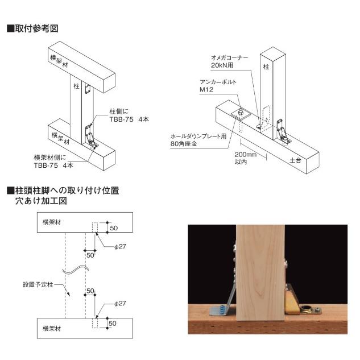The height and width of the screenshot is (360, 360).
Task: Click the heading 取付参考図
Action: [x=35, y=28]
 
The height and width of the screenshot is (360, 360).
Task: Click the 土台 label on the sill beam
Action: [x=295, y=161]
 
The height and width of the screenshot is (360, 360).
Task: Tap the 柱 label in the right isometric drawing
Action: [x=266, y=67]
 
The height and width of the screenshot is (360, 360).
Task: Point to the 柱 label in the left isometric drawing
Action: [x=76, y=86]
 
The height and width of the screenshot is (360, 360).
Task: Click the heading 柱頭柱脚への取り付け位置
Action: [x=65, y=191]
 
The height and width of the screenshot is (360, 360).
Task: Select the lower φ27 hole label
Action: [x=119, y=304]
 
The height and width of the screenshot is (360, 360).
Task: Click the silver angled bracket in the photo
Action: [x=227, y=300]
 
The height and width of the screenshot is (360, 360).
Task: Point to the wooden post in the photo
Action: [x=259, y=273]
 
